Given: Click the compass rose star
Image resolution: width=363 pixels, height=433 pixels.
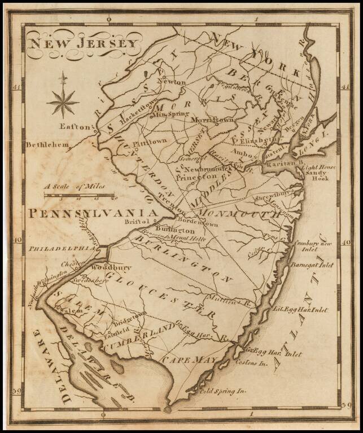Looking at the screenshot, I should coord(63,102).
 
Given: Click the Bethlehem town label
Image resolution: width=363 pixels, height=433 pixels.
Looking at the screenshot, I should coord(46,145).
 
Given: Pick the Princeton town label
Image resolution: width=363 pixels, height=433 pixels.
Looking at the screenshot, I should coord(191,176).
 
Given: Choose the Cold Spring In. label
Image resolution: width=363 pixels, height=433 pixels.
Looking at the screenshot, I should coord(224,390).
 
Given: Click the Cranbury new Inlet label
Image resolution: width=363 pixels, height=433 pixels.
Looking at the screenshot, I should coord(313,246).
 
